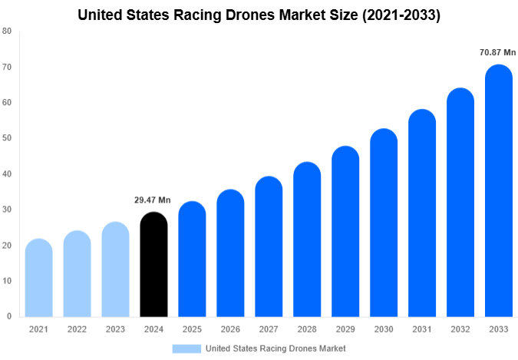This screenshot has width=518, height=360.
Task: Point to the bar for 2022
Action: pyautogui.click(x=77, y=274)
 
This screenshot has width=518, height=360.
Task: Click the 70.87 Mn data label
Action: pyautogui.click(x=498, y=53)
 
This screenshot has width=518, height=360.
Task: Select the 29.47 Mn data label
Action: pyautogui.click(x=153, y=200)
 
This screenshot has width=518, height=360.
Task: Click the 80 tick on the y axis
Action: pyautogui.click(x=7, y=31)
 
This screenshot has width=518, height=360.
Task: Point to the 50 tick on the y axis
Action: pyautogui.click(x=7, y=138)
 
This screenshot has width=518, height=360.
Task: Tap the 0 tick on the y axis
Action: pyautogui.click(x=9, y=316)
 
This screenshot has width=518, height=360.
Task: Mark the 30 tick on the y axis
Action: pyautogui.click(x=7, y=210)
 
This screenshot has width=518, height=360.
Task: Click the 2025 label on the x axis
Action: pyautogui.click(x=192, y=329)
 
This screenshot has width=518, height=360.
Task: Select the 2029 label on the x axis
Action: pyautogui.click(x=345, y=329)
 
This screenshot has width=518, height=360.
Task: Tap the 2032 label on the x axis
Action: pyautogui.click(x=460, y=329)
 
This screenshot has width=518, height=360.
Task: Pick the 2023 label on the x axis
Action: pyautogui.click(x=115, y=329)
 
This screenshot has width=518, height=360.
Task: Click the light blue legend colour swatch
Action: pyautogui.click(x=186, y=348)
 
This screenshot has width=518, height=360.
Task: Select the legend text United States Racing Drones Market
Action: pyautogui.click(x=275, y=348)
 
